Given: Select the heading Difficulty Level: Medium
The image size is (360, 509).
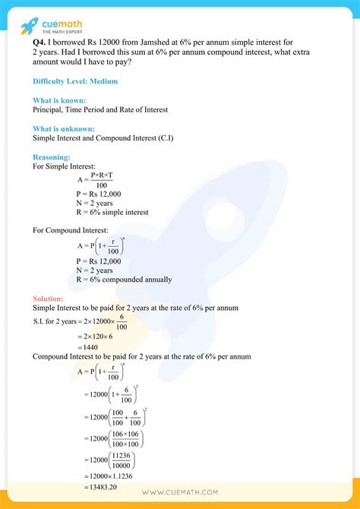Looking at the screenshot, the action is coord(75,81).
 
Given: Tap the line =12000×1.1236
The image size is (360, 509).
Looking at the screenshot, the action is coord(108,476).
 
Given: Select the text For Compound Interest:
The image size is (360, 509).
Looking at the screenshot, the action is coord(71,229).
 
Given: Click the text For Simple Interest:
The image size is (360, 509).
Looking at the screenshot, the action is coord(64,166).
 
